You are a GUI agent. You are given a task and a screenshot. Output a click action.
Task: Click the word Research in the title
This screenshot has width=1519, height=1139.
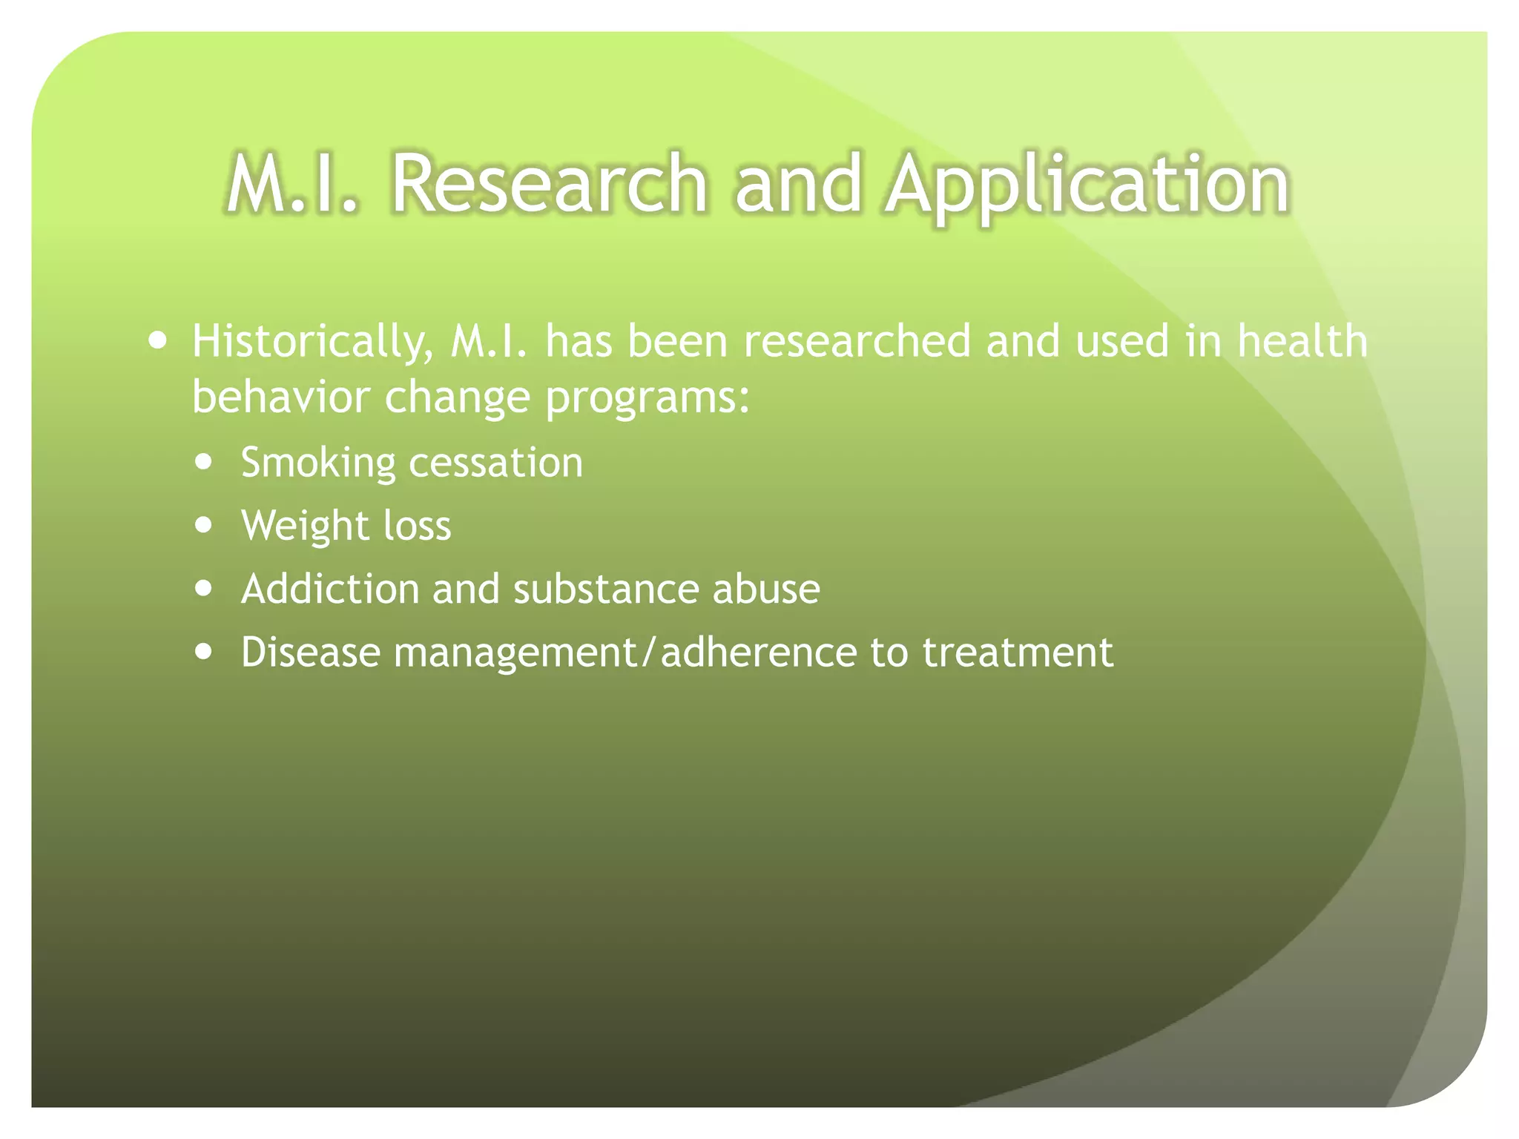coord(549,183)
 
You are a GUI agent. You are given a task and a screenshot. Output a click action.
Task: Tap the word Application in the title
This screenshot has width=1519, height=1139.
coord(1087,183)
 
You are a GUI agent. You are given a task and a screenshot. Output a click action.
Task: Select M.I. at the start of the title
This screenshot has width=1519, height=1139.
coord(291,183)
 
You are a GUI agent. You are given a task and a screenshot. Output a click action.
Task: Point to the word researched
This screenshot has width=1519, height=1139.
coord(857,341)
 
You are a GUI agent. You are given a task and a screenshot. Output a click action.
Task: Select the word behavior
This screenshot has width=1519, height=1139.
coord(280,397)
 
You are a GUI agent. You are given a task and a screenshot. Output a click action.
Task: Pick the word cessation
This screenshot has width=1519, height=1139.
coord(495,463)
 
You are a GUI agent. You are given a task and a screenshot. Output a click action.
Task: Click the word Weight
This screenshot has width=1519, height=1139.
coord(305,526)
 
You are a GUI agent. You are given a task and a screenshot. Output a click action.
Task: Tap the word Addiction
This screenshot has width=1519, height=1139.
coord(330,589)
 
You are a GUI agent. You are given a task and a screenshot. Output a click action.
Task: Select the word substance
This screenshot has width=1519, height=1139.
coord(605,589)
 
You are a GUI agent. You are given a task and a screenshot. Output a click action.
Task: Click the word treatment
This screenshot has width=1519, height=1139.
coord(1017,653)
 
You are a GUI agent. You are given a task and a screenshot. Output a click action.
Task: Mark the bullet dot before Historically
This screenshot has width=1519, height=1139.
coord(157,341)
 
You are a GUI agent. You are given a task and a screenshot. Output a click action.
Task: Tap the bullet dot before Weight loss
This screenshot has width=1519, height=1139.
coord(203,525)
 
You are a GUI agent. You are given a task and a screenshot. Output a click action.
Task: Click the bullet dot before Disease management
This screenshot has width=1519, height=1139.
coord(203,652)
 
